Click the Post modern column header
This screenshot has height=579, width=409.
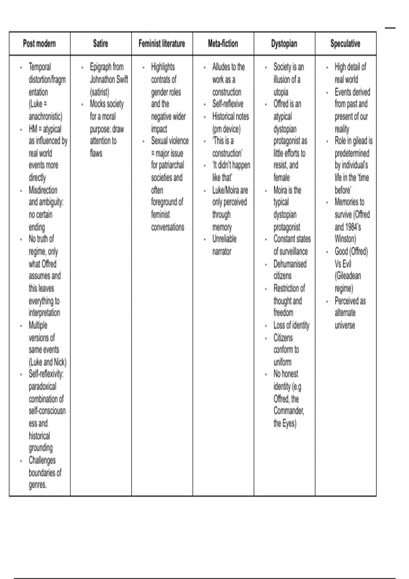[x=39, y=44]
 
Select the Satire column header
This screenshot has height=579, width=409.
[x=101, y=44]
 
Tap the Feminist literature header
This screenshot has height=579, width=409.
[x=162, y=44]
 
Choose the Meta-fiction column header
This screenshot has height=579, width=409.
[x=223, y=44]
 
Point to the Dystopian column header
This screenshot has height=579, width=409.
[x=284, y=44]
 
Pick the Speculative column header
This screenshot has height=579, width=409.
[x=345, y=44]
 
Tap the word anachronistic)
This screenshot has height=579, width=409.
[x=45, y=116]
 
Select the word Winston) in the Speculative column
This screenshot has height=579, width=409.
[x=345, y=239]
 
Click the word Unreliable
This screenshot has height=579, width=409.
[x=224, y=239]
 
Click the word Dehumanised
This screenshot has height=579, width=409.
[x=290, y=264]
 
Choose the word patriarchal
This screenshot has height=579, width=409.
[x=167, y=165]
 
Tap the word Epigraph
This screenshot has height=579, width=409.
[x=101, y=67]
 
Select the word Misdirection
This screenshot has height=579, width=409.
[x=43, y=190]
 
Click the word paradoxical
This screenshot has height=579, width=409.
[x=42, y=387]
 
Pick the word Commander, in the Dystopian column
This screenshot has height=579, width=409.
[x=289, y=411]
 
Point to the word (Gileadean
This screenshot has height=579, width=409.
[x=348, y=276]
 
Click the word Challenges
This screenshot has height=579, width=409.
[x=42, y=460]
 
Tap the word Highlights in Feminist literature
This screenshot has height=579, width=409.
[x=163, y=67]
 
